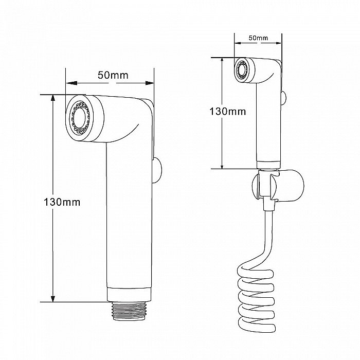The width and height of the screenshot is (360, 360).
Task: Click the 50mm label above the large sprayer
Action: (x=113, y=75)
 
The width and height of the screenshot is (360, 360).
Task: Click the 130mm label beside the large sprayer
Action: (x=62, y=202)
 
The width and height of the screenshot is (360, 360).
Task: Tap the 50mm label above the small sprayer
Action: (x=258, y=38)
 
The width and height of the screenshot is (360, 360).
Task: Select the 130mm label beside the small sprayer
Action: (x=227, y=112)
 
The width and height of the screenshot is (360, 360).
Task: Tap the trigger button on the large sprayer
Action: (x=157, y=170)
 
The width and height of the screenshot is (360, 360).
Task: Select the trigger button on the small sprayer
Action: (x=283, y=98)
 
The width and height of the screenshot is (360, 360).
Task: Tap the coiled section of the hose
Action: (x=256, y=300)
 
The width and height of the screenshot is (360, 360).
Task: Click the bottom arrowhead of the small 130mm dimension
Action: (x=222, y=166)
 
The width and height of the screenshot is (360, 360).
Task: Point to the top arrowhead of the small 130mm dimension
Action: (x=222, y=61)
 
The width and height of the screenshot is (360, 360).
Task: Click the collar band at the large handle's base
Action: (x=129, y=294)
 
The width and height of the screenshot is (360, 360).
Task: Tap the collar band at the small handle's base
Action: (x=268, y=165)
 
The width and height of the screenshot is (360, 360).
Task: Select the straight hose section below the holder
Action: (x=269, y=232)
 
